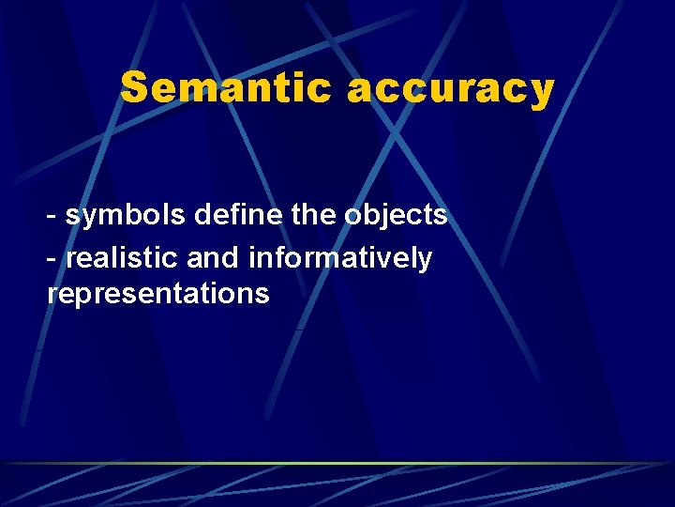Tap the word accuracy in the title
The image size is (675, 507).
[x=451, y=89]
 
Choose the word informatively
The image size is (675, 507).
[x=340, y=257]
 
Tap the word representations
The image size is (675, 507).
[x=158, y=294]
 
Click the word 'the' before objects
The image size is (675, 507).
[x=313, y=215]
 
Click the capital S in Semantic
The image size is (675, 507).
[x=134, y=89]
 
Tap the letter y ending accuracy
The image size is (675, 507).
[x=543, y=92]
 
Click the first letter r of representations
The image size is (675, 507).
[x=52, y=295]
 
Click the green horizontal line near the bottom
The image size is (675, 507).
[x=337, y=463]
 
